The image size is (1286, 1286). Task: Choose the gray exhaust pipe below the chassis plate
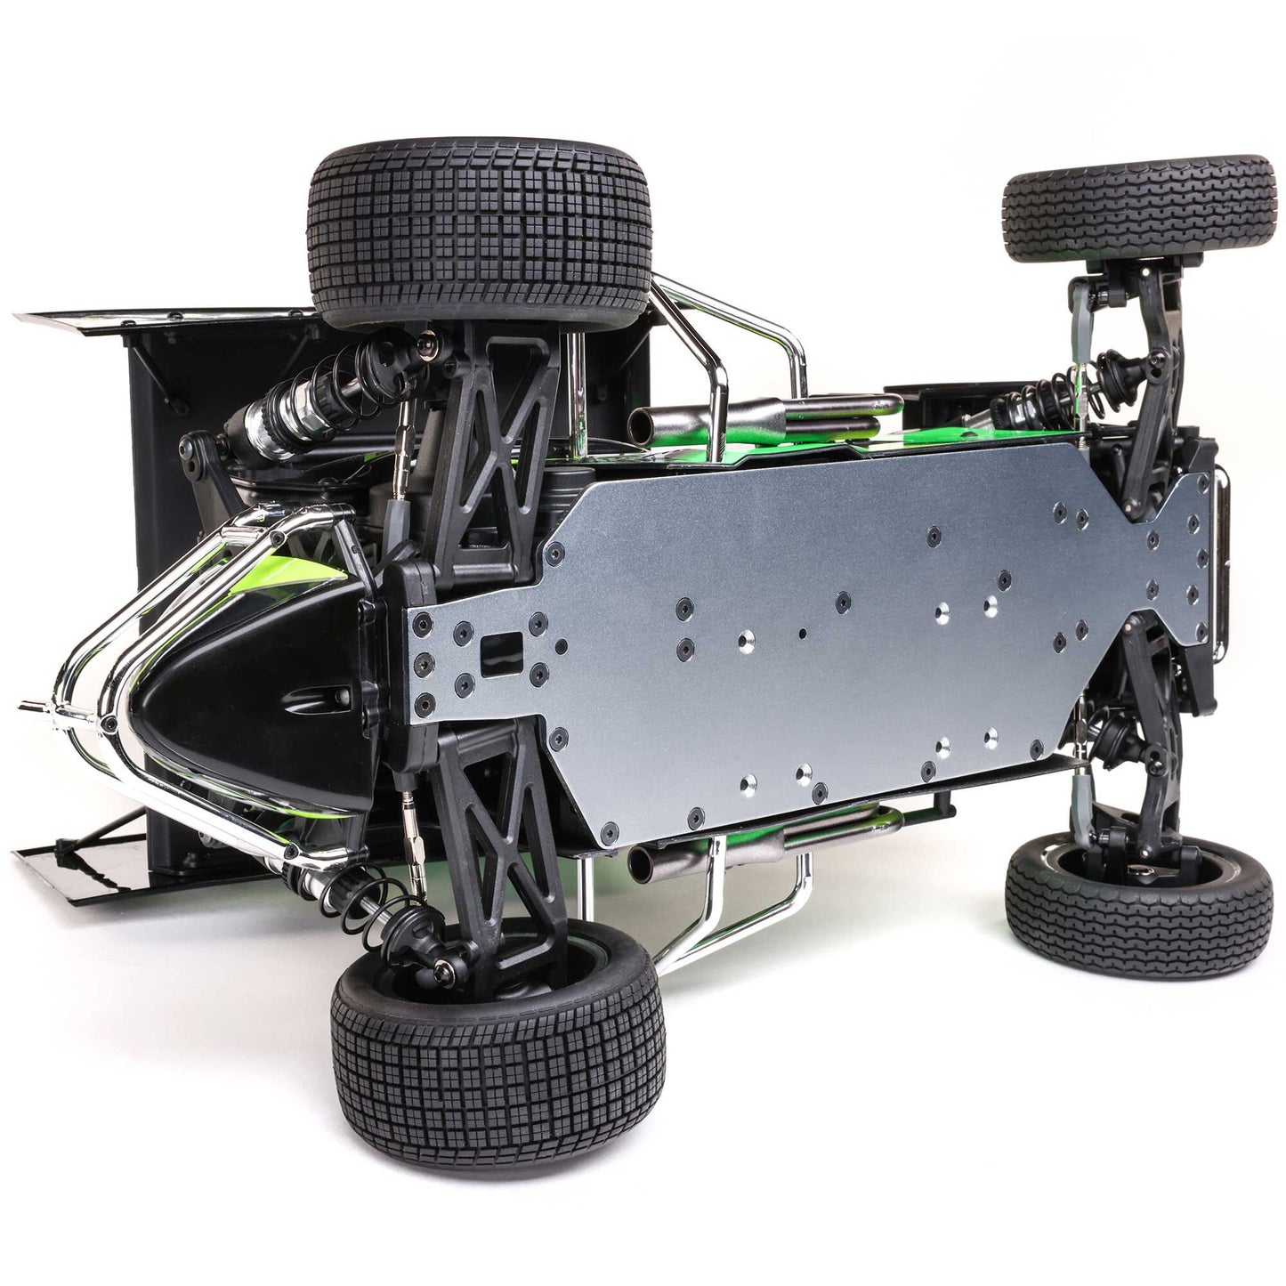(712, 845)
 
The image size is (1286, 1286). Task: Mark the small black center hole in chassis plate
(803, 634)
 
